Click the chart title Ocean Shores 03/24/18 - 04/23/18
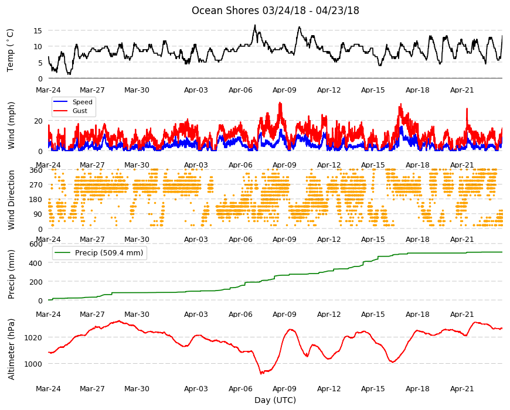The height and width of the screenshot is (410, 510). click(275, 11)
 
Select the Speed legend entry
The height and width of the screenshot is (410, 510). click(73, 102)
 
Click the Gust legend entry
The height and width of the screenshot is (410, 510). click(70, 111)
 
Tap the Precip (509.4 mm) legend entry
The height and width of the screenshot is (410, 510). click(99, 252)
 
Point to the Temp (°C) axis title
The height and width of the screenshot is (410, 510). click(11, 50)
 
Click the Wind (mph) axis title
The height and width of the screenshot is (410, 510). click(11, 126)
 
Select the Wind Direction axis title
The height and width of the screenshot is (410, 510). click(11, 200)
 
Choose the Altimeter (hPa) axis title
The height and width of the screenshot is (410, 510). click(11, 349)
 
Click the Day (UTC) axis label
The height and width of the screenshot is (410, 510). click(275, 400)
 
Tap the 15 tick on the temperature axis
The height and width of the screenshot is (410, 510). click(38, 30)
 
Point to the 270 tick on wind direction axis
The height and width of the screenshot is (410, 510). click(36, 185)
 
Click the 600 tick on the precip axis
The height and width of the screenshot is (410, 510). click(36, 244)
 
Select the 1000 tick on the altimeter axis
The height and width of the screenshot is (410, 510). click(33, 364)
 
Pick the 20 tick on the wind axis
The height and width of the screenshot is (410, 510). click(38, 121)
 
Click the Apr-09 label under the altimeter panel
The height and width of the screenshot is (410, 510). click(284, 388)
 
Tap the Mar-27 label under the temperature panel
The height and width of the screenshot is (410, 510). click(93, 90)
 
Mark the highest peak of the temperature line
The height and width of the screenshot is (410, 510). click(255, 25)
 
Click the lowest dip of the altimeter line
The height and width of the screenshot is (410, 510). click(261, 374)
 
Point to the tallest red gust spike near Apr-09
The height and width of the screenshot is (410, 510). click(280, 103)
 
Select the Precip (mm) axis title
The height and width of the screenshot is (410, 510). click(11, 274)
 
